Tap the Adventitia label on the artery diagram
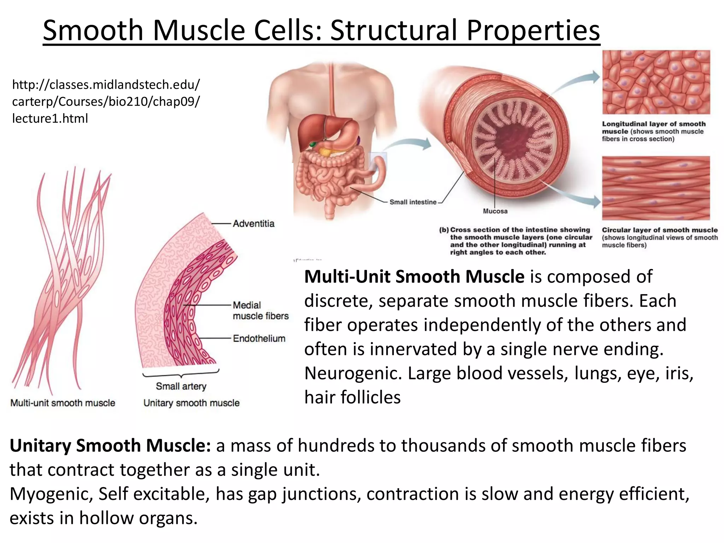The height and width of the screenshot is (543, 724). click(x=253, y=223)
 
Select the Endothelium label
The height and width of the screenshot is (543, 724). click(x=259, y=338)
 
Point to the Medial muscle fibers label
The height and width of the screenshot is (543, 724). click(x=261, y=310)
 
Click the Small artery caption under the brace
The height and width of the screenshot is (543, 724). click(x=181, y=386)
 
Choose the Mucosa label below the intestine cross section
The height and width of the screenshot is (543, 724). click(x=495, y=211)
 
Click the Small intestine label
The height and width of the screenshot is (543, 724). click(x=413, y=202)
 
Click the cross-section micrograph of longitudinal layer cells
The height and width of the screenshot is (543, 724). click(x=656, y=82)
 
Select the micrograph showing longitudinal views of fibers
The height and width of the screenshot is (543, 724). click(x=656, y=188)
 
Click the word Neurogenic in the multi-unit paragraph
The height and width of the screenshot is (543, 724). click(x=353, y=373)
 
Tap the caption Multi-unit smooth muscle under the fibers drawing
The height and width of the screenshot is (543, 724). click(x=63, y=403)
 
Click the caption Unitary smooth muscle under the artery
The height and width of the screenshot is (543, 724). click(x=191, y=403)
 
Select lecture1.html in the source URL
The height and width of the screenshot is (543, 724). click(x=50, y=118)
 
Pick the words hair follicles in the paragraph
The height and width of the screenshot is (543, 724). click(x=352, y=397)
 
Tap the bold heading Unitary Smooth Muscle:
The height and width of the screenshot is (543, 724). click(x=110, y=445)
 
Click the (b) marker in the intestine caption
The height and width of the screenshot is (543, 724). click(x=444, y=230)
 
